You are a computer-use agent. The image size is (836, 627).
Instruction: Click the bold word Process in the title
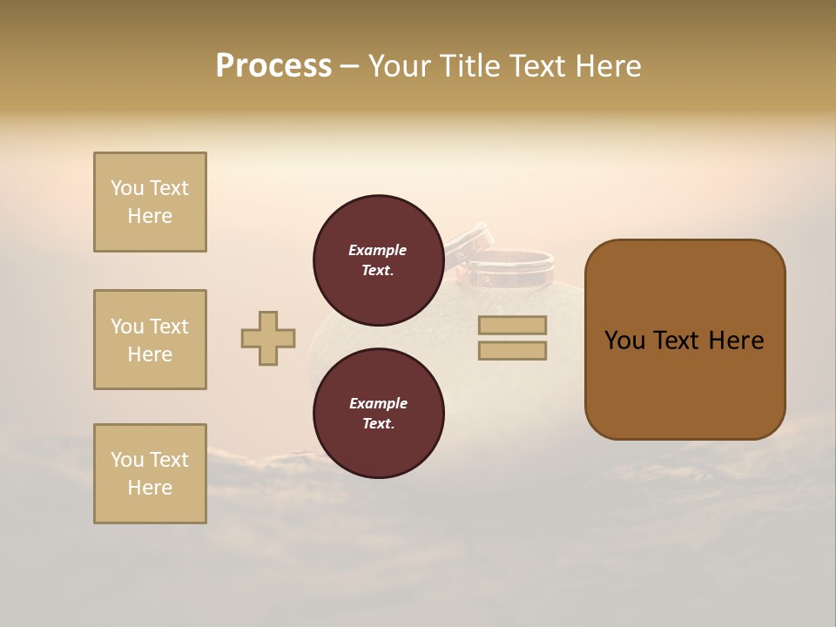coord(273,66)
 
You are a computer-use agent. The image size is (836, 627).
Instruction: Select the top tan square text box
coord(150,202)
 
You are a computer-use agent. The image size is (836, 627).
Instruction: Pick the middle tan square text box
coord(150,340)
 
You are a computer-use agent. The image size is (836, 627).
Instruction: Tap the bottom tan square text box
coord(150,474)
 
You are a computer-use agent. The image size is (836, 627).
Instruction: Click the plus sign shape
coord(268,338)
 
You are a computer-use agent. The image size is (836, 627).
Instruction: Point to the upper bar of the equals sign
coord(512,325)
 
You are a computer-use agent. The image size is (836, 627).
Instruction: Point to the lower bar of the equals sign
coord(512,351)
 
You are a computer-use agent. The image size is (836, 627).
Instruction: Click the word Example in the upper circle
coord(378,250)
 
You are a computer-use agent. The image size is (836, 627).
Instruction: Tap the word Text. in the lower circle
coord(378,424)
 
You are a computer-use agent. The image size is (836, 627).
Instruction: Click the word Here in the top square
coord(150,216)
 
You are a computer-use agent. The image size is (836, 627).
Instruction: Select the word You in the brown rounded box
coord(624,340)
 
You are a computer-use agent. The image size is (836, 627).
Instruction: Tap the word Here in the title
coord(608,66)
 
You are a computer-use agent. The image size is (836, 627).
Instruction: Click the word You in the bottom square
coord(127,460)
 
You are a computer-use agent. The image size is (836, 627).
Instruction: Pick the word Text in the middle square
coord(168,327)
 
